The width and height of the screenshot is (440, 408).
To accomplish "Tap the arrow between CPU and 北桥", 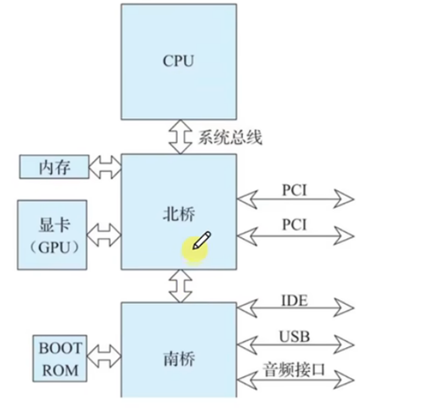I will point(179,137).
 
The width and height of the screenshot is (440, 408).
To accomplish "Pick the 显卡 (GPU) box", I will point(55,234).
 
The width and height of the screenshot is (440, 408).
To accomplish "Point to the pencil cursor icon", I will point(203,241).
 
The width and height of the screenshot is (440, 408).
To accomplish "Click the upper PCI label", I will point(295,189).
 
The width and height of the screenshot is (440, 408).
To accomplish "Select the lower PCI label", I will point(295,226).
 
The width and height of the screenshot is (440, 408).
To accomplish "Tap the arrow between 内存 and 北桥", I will point(105,166).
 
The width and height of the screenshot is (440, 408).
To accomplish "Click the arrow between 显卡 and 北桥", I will point(105,234).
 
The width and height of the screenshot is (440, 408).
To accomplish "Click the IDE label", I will point(293,300).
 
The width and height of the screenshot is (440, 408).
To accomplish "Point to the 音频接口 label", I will point(295,369).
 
